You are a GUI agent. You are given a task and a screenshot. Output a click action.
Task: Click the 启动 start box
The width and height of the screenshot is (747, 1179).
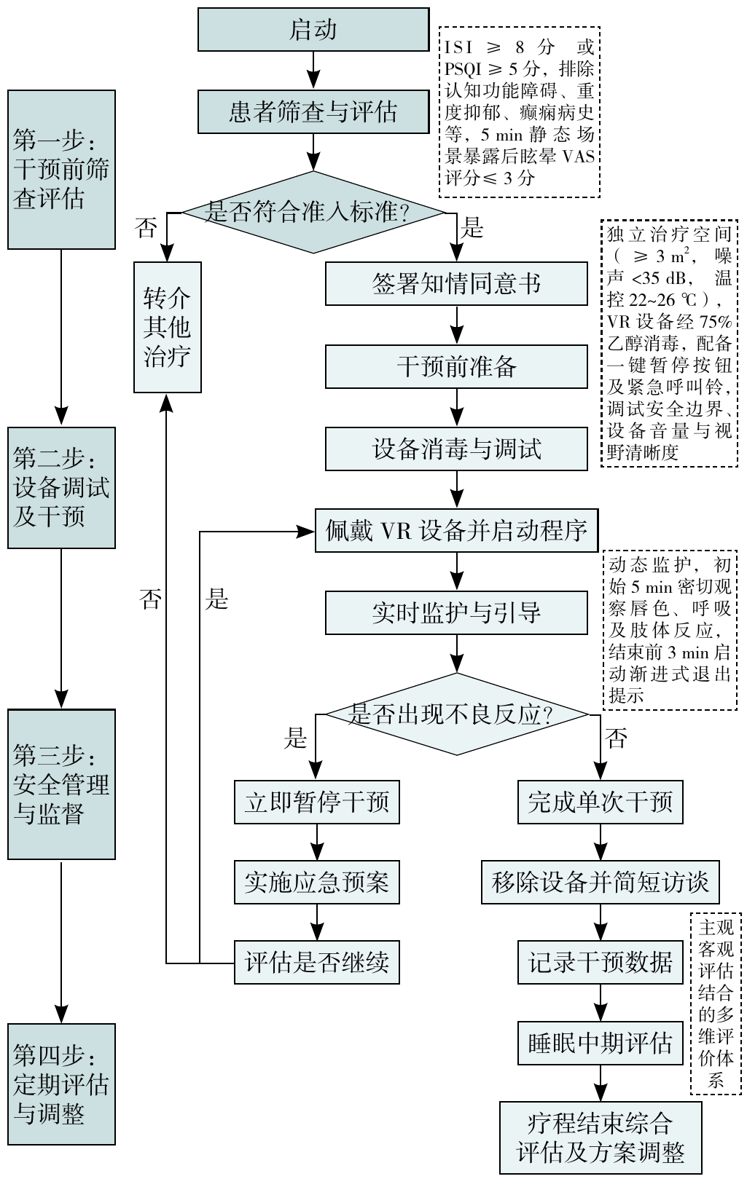click(x=313, y=30)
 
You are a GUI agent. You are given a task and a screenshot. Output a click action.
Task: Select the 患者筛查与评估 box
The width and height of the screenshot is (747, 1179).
click(x=313, y=112)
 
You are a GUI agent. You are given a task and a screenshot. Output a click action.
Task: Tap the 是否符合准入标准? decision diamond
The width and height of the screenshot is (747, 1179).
click(x=313, y=212)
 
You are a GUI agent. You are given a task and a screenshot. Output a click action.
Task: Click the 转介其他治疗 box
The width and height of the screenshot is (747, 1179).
click(x=168, y=327)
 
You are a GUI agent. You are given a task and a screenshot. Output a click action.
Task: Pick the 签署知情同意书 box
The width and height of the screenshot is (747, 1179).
click(x=456, y=283)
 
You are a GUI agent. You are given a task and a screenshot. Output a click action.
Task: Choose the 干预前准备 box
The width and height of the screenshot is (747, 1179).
click(x=456, y=366)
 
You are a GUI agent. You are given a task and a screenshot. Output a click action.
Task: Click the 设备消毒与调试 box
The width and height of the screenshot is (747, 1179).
click(x=456, y=449)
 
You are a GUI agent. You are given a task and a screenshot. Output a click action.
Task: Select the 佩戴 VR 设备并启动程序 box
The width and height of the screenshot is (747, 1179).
click(x=456, y=530)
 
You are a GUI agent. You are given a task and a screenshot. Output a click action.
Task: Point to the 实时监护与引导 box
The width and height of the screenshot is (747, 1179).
click(x=456, y=612)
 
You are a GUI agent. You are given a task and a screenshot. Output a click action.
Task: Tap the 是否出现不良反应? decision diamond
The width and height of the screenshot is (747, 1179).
click(x=456, y=714)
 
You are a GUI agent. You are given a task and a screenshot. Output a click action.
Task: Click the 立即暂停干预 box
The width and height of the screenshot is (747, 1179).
click(x=317, y=802)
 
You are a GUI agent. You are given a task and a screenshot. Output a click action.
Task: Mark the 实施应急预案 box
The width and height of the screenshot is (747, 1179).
click(x=317, y=882)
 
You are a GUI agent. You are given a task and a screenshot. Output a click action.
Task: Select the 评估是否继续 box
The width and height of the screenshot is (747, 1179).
click(x=317, y=962)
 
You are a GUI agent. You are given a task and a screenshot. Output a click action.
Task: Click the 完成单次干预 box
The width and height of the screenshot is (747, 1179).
click(x=601, y=802)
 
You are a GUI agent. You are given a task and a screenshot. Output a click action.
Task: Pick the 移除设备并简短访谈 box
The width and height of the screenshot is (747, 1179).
click(x=601, y=883)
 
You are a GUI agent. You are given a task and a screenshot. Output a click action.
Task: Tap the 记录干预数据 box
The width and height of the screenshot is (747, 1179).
click(x=601, y=962)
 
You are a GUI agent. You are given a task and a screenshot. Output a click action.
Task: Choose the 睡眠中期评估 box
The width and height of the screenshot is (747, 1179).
click(x=601, y=1043)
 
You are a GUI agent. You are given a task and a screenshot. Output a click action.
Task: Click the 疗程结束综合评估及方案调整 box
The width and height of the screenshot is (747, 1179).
click(x=601, y=1137)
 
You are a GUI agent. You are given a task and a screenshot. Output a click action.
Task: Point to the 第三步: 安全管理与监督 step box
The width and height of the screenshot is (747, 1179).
click(x=62, y=784)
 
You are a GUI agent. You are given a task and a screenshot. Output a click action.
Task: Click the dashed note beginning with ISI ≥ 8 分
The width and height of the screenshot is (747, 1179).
click(x=519, y=112)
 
